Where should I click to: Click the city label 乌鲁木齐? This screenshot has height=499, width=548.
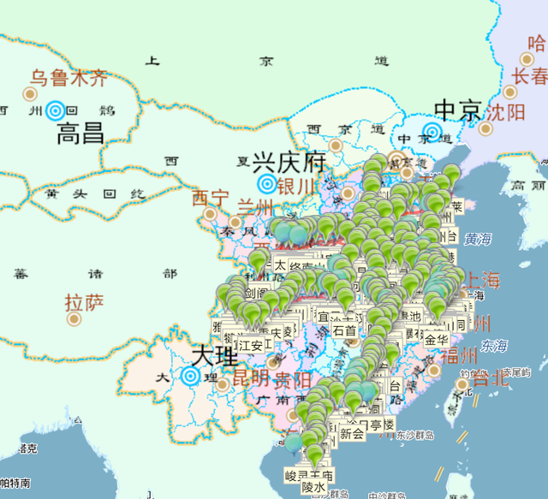69,79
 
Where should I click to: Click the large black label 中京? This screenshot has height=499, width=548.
459,110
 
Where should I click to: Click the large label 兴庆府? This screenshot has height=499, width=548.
278,162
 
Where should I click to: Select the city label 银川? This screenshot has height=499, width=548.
296,187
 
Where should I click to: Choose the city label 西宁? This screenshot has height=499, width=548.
211,199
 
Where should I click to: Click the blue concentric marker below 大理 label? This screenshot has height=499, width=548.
191,375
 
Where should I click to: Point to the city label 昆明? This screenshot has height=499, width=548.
251,377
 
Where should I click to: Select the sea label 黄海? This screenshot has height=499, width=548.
478,239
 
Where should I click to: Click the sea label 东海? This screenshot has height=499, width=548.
493,345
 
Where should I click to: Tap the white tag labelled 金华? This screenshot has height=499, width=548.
436,339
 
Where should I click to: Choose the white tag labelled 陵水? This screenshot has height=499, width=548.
313,487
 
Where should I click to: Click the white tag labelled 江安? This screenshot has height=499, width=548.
251,345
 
